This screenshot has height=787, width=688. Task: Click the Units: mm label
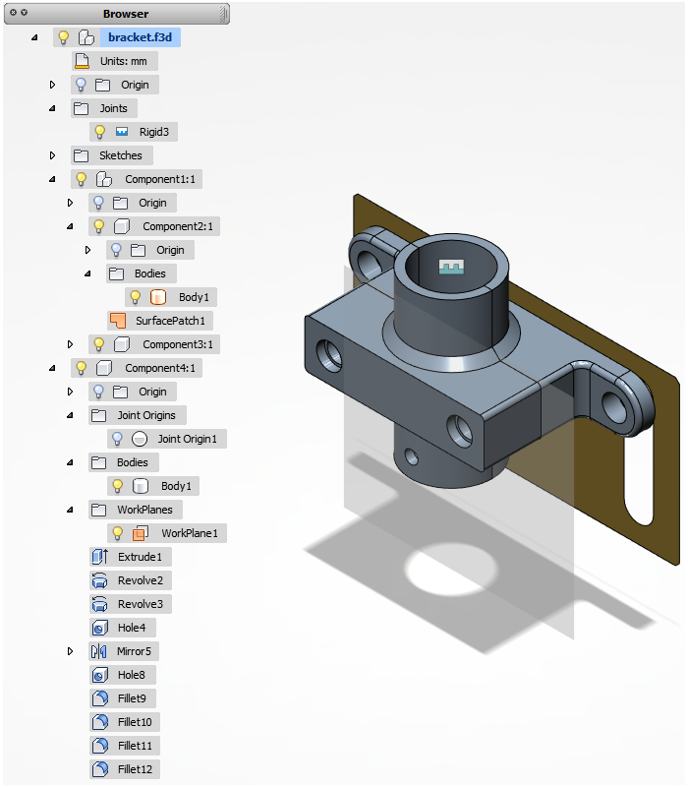(123, 61)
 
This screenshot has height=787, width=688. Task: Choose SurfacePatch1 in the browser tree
(174, 321)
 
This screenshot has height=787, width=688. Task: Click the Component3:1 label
(178, 344)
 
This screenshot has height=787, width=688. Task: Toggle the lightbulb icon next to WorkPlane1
(117, 533)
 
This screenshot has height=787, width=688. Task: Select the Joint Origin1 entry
(187, 439)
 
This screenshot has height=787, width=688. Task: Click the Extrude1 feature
(140, 557)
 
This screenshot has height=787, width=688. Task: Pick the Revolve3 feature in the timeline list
(140, 604)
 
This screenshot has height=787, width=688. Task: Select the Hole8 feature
(131, 675)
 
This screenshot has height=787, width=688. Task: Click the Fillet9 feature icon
(99, 698)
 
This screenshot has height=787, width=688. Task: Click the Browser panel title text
(126, 14)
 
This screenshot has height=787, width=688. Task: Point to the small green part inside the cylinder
(451, 268)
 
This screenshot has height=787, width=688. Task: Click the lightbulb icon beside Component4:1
(81, 368)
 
